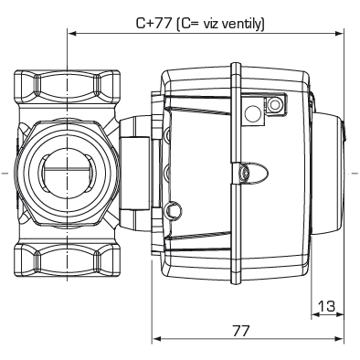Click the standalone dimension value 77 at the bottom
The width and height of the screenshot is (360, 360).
[241, 330]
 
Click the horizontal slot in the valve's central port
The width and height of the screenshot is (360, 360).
[66, 169]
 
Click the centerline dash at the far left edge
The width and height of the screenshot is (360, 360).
[5, 171]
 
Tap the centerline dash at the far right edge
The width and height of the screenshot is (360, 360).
[354, 171]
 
